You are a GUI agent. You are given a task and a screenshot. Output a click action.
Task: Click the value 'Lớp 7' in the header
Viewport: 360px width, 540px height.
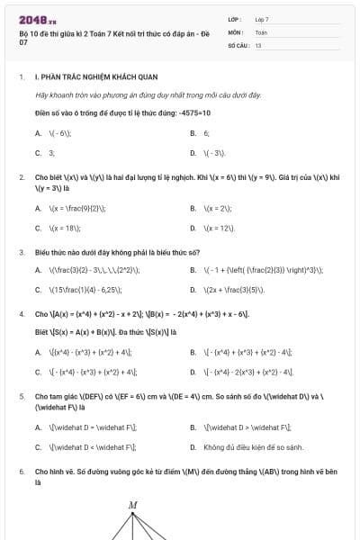(x=262, y=19)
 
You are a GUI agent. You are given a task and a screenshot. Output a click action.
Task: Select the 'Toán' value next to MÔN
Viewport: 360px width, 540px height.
(x=261, y=31)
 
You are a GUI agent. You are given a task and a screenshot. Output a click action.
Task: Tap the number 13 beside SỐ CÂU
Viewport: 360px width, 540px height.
(x=258, y=44)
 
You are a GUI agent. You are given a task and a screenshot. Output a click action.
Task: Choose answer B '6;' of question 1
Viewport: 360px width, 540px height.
(x=206, y=132)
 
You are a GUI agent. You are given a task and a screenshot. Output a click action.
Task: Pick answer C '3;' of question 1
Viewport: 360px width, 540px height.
(x=51, y=152)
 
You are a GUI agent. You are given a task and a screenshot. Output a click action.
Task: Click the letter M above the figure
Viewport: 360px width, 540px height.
(x=132, y=505)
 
